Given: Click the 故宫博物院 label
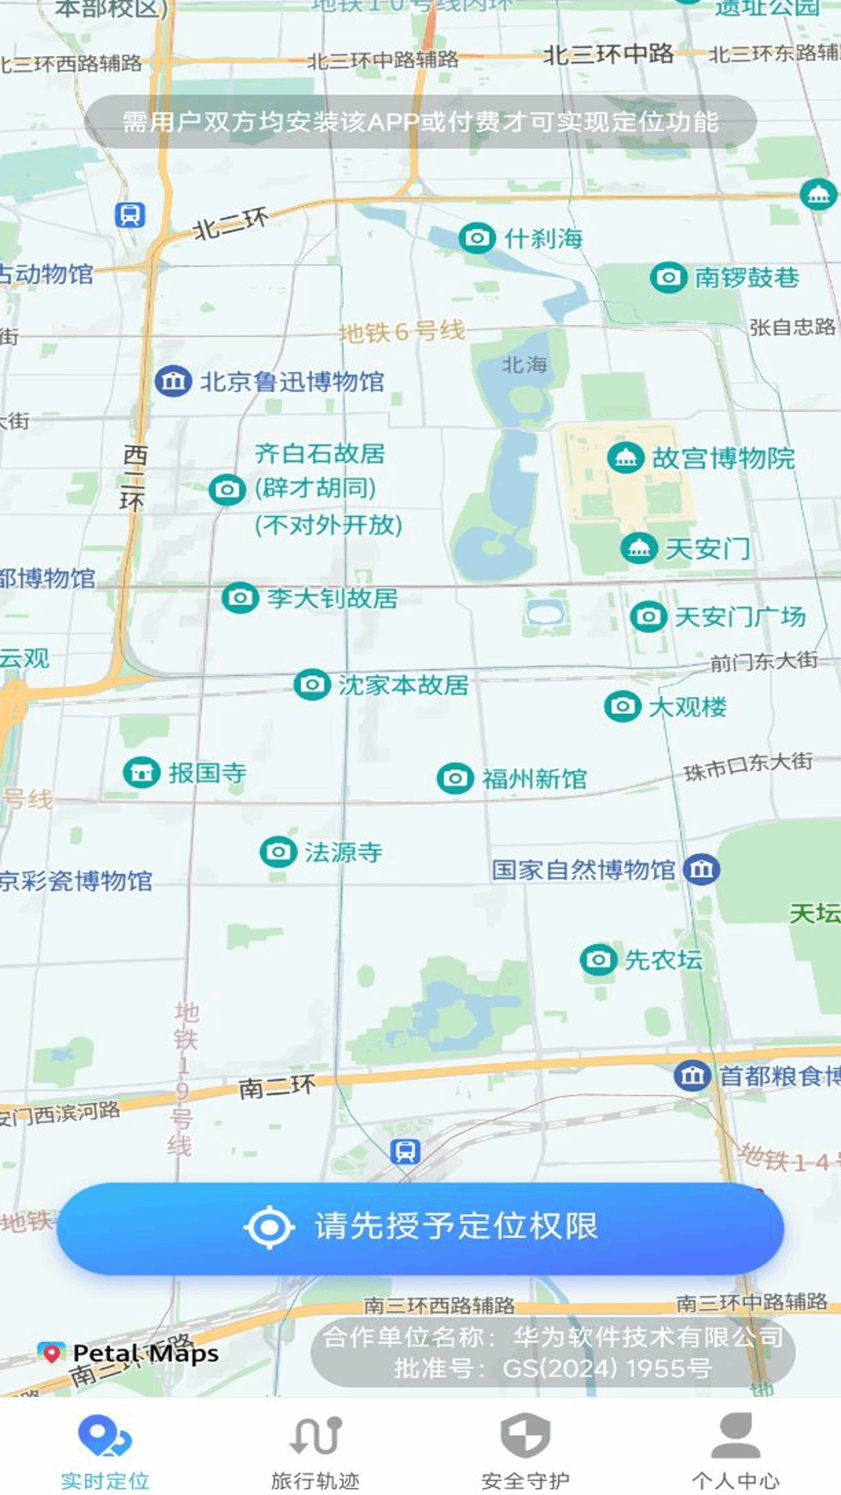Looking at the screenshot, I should (723, 459).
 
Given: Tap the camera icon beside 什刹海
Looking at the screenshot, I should (477, 237).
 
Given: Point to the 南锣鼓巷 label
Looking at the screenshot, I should (746, 277).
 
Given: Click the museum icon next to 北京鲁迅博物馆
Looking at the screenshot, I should (173, 382).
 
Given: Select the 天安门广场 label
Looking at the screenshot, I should (739, 617).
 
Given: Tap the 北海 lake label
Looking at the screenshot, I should (524, 364).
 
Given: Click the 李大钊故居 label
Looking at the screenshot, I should (332, 598).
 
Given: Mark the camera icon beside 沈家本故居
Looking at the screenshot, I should (312, 684).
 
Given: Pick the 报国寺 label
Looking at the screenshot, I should (207, 773).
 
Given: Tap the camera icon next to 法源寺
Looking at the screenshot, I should (278, 852).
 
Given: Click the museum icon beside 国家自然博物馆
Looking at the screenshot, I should (702, 869).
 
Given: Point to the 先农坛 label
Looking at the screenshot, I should (663, 960).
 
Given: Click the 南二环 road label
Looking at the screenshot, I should (276, 1087).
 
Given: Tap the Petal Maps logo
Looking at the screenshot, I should (129, 1353).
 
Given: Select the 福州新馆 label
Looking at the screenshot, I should (534, 779).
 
